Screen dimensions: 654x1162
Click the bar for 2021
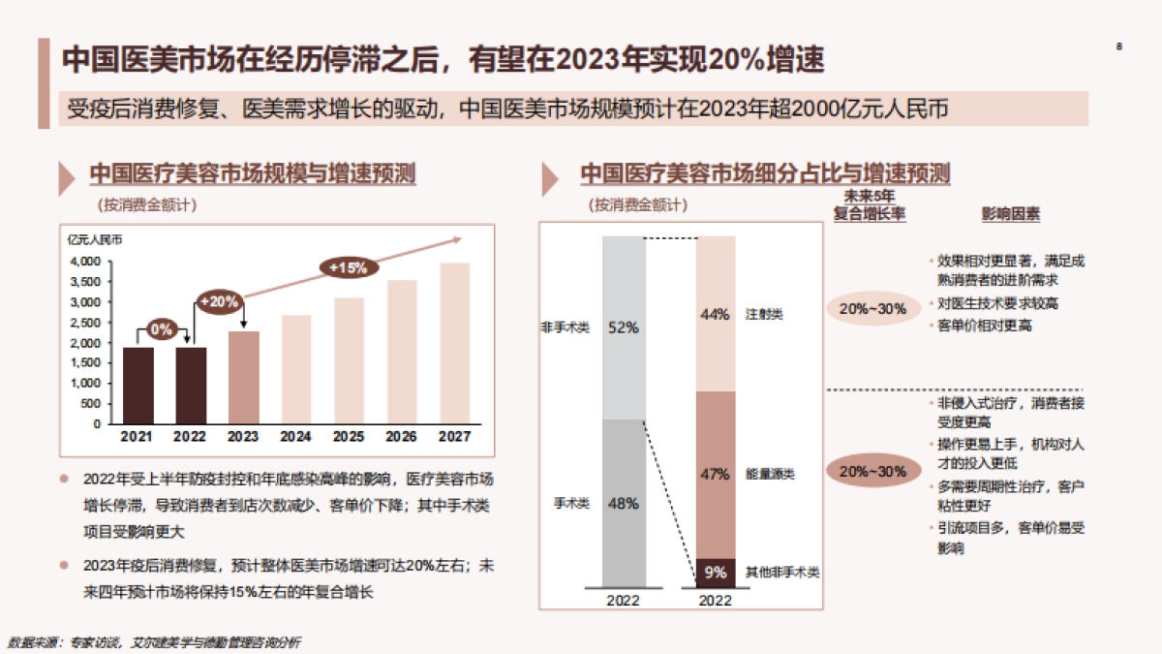point(138,386)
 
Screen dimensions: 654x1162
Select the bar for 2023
point(243,378)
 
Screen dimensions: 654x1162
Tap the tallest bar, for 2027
point(454,343)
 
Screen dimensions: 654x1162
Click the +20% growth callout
point(219,301)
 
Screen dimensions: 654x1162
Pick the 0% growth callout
point(162,329)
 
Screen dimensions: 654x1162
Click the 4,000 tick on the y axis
point(86,262)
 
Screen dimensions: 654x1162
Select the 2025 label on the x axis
point(349,437)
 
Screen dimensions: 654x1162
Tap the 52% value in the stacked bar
point(623,327)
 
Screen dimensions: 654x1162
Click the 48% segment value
point(623,503)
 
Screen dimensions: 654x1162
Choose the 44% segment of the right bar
point(716,314)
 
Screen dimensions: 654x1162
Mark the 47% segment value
point(716,474)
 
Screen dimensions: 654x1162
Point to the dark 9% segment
point(716,573)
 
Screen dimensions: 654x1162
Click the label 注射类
point(764,315)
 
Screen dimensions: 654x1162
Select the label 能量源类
point(770,475)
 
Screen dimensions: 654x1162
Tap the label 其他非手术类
point(782,573)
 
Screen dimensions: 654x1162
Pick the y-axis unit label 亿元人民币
point(95,238)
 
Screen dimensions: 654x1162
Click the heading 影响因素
point(1011,214)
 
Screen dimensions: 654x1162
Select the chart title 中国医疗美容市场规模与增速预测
point(253,174)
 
